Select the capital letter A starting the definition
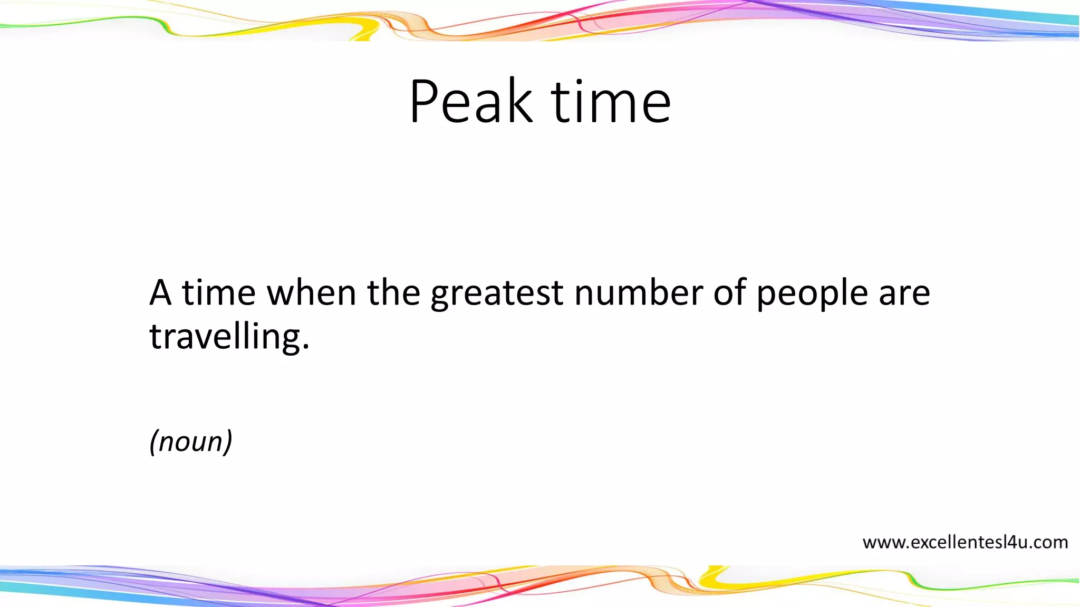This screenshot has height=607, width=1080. click(x=160, y=293)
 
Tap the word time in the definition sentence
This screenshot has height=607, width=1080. click(x=218, y=293)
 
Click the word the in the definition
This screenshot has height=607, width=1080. click(x=393, y=293)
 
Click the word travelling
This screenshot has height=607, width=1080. click(x=224, y=337)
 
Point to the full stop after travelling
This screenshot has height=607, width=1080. click(x=306, y=348)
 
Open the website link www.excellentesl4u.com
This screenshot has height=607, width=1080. click(x=965, y=542)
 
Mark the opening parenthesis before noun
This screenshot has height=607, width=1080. click(x=153, y=442)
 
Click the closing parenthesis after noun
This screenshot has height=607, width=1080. click(x=228, y=442)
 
